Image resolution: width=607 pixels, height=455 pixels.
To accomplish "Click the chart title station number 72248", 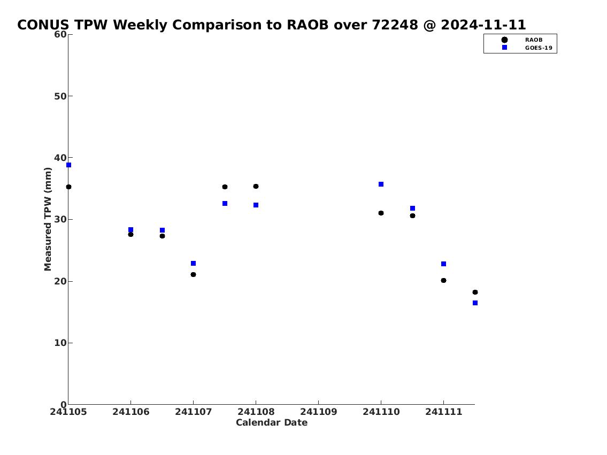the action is (x=395, y=25).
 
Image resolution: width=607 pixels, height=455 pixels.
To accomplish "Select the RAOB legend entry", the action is (x=522, y=40).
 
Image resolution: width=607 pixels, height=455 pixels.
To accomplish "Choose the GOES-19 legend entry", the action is (x=527, y=48).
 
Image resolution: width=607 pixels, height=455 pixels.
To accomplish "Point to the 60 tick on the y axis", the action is (x=60, y=34).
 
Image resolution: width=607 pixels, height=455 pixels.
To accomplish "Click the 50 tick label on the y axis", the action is (x=60, y=96).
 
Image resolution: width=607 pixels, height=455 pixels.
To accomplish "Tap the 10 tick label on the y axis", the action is (x=60, y=343).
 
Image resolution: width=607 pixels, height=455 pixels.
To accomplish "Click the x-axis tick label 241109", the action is (x=319, y=412).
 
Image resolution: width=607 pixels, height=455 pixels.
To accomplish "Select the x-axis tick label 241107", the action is (x=193, y=412).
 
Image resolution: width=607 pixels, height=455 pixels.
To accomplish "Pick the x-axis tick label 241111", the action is (x=444, y=412).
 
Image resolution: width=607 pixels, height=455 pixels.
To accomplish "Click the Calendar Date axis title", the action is (x=272, y=422).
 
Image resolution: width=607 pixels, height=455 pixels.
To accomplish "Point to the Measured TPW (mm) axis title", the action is (x=48, y=219).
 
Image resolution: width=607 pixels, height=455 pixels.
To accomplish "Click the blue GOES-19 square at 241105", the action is (x=68, y=165).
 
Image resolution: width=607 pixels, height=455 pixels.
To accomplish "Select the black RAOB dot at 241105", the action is (x=68, y=187).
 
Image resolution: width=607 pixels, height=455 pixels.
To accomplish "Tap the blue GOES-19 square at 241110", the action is (x=381, y=184).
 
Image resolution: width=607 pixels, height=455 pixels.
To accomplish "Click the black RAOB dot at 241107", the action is (x=193, y=275).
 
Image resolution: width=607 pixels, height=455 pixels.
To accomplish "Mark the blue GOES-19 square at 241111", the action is (x=444, y=264).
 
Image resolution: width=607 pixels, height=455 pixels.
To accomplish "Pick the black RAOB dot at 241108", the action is (x=256, y=187).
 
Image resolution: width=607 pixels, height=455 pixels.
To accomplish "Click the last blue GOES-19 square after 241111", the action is (x=475, y=303).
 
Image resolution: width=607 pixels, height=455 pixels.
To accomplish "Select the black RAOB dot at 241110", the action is (x=381, y=213).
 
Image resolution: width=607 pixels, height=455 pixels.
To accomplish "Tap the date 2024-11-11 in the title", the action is (x=483, y=25).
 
